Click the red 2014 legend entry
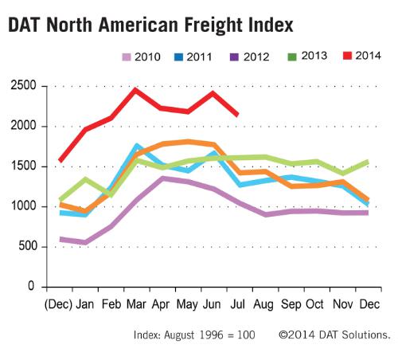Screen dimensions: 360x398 [360, 56]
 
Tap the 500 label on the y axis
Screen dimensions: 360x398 [28, 246]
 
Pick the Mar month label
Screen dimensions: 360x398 [135, 305]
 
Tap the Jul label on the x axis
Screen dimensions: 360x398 [238, 305]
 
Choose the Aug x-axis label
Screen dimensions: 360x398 [263, 305]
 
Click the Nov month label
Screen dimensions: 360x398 [341, 305]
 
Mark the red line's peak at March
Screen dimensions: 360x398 [135, 90]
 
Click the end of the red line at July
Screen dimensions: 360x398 [237, 115]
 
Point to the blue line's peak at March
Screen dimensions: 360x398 [137, 147]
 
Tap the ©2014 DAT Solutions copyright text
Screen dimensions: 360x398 [334, 335]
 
